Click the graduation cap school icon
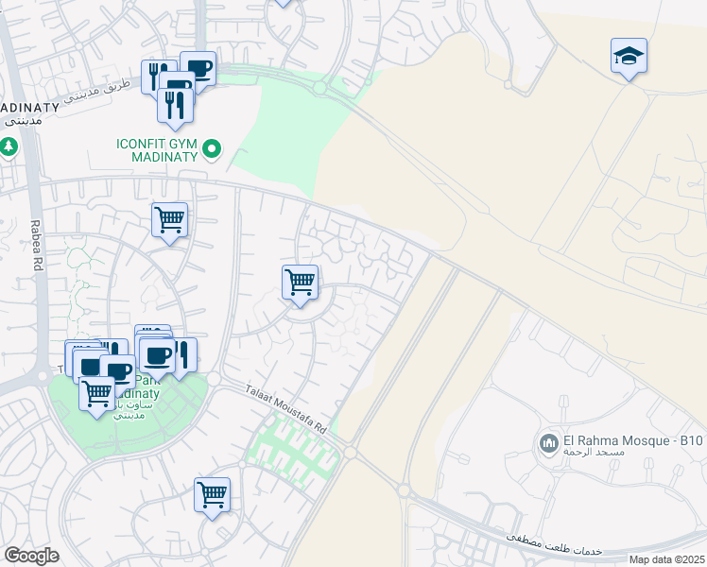click(x=629, y=58)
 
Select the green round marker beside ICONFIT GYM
click(x=213, y=148)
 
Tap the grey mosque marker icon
click(x=548, y=443)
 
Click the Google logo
click(x=31, y=556)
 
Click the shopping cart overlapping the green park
click(x=96, y=392)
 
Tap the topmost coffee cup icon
click(x=198, y=69)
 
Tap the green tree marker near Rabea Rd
click(x=9, y=147)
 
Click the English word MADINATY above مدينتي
click(x=29, y=107)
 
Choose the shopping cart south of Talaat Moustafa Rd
click(x=212, y=494)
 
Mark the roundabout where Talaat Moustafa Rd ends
click(x=350, y=454)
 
